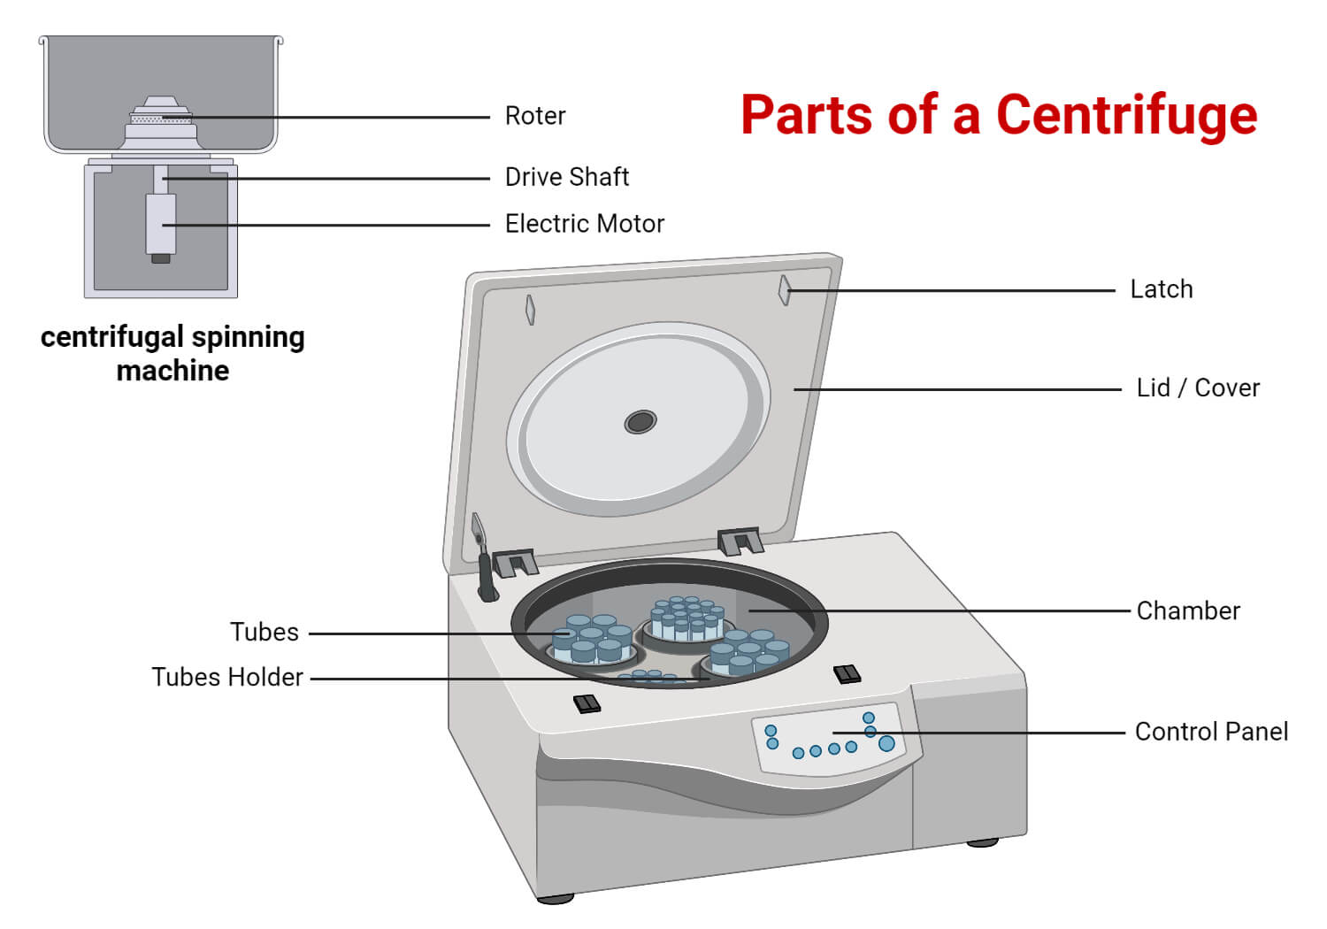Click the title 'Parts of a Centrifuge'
998,114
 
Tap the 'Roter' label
534,116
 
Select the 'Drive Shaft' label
566,177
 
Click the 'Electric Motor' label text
584,224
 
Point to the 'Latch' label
1161,289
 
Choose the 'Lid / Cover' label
1197,388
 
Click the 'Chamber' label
1187,610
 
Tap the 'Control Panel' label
1210,732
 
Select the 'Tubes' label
264,633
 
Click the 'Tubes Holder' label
227,677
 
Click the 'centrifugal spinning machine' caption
173,353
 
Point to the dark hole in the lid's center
640,422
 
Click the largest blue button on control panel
886,743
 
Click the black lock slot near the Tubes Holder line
587,703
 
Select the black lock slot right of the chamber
847,674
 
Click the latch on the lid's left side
530,310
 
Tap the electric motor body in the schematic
160,224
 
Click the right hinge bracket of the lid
740,541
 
